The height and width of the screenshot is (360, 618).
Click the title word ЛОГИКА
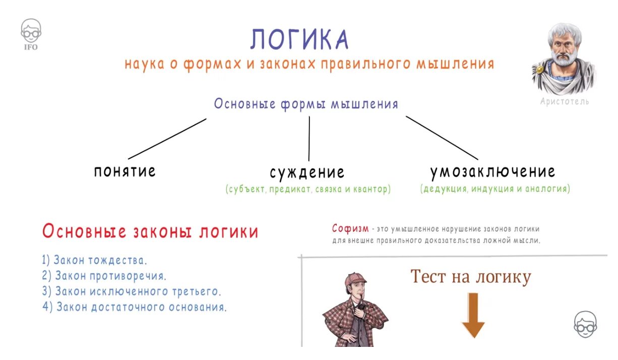pyautogui.click(x=299, y=39)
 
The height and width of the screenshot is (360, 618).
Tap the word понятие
pyautogui.click(x=125, y=171)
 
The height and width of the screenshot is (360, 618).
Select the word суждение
pyautogui.click(x=307, y=172)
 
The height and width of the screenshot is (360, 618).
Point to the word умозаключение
pyautogui.click(x=492, y=171)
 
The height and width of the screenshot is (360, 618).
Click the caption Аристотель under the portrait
pyautogui.click(x=564, y=101)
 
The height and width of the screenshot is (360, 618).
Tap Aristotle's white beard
pyautogui.click(x=562, y=68)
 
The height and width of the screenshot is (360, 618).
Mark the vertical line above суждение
pyautogui.click(x=309, y=139)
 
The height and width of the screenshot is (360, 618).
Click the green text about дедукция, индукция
pyautogui.click(x=495, y=189)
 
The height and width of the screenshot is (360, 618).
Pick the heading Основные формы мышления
pyautogui.click(x=306, y=104)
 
